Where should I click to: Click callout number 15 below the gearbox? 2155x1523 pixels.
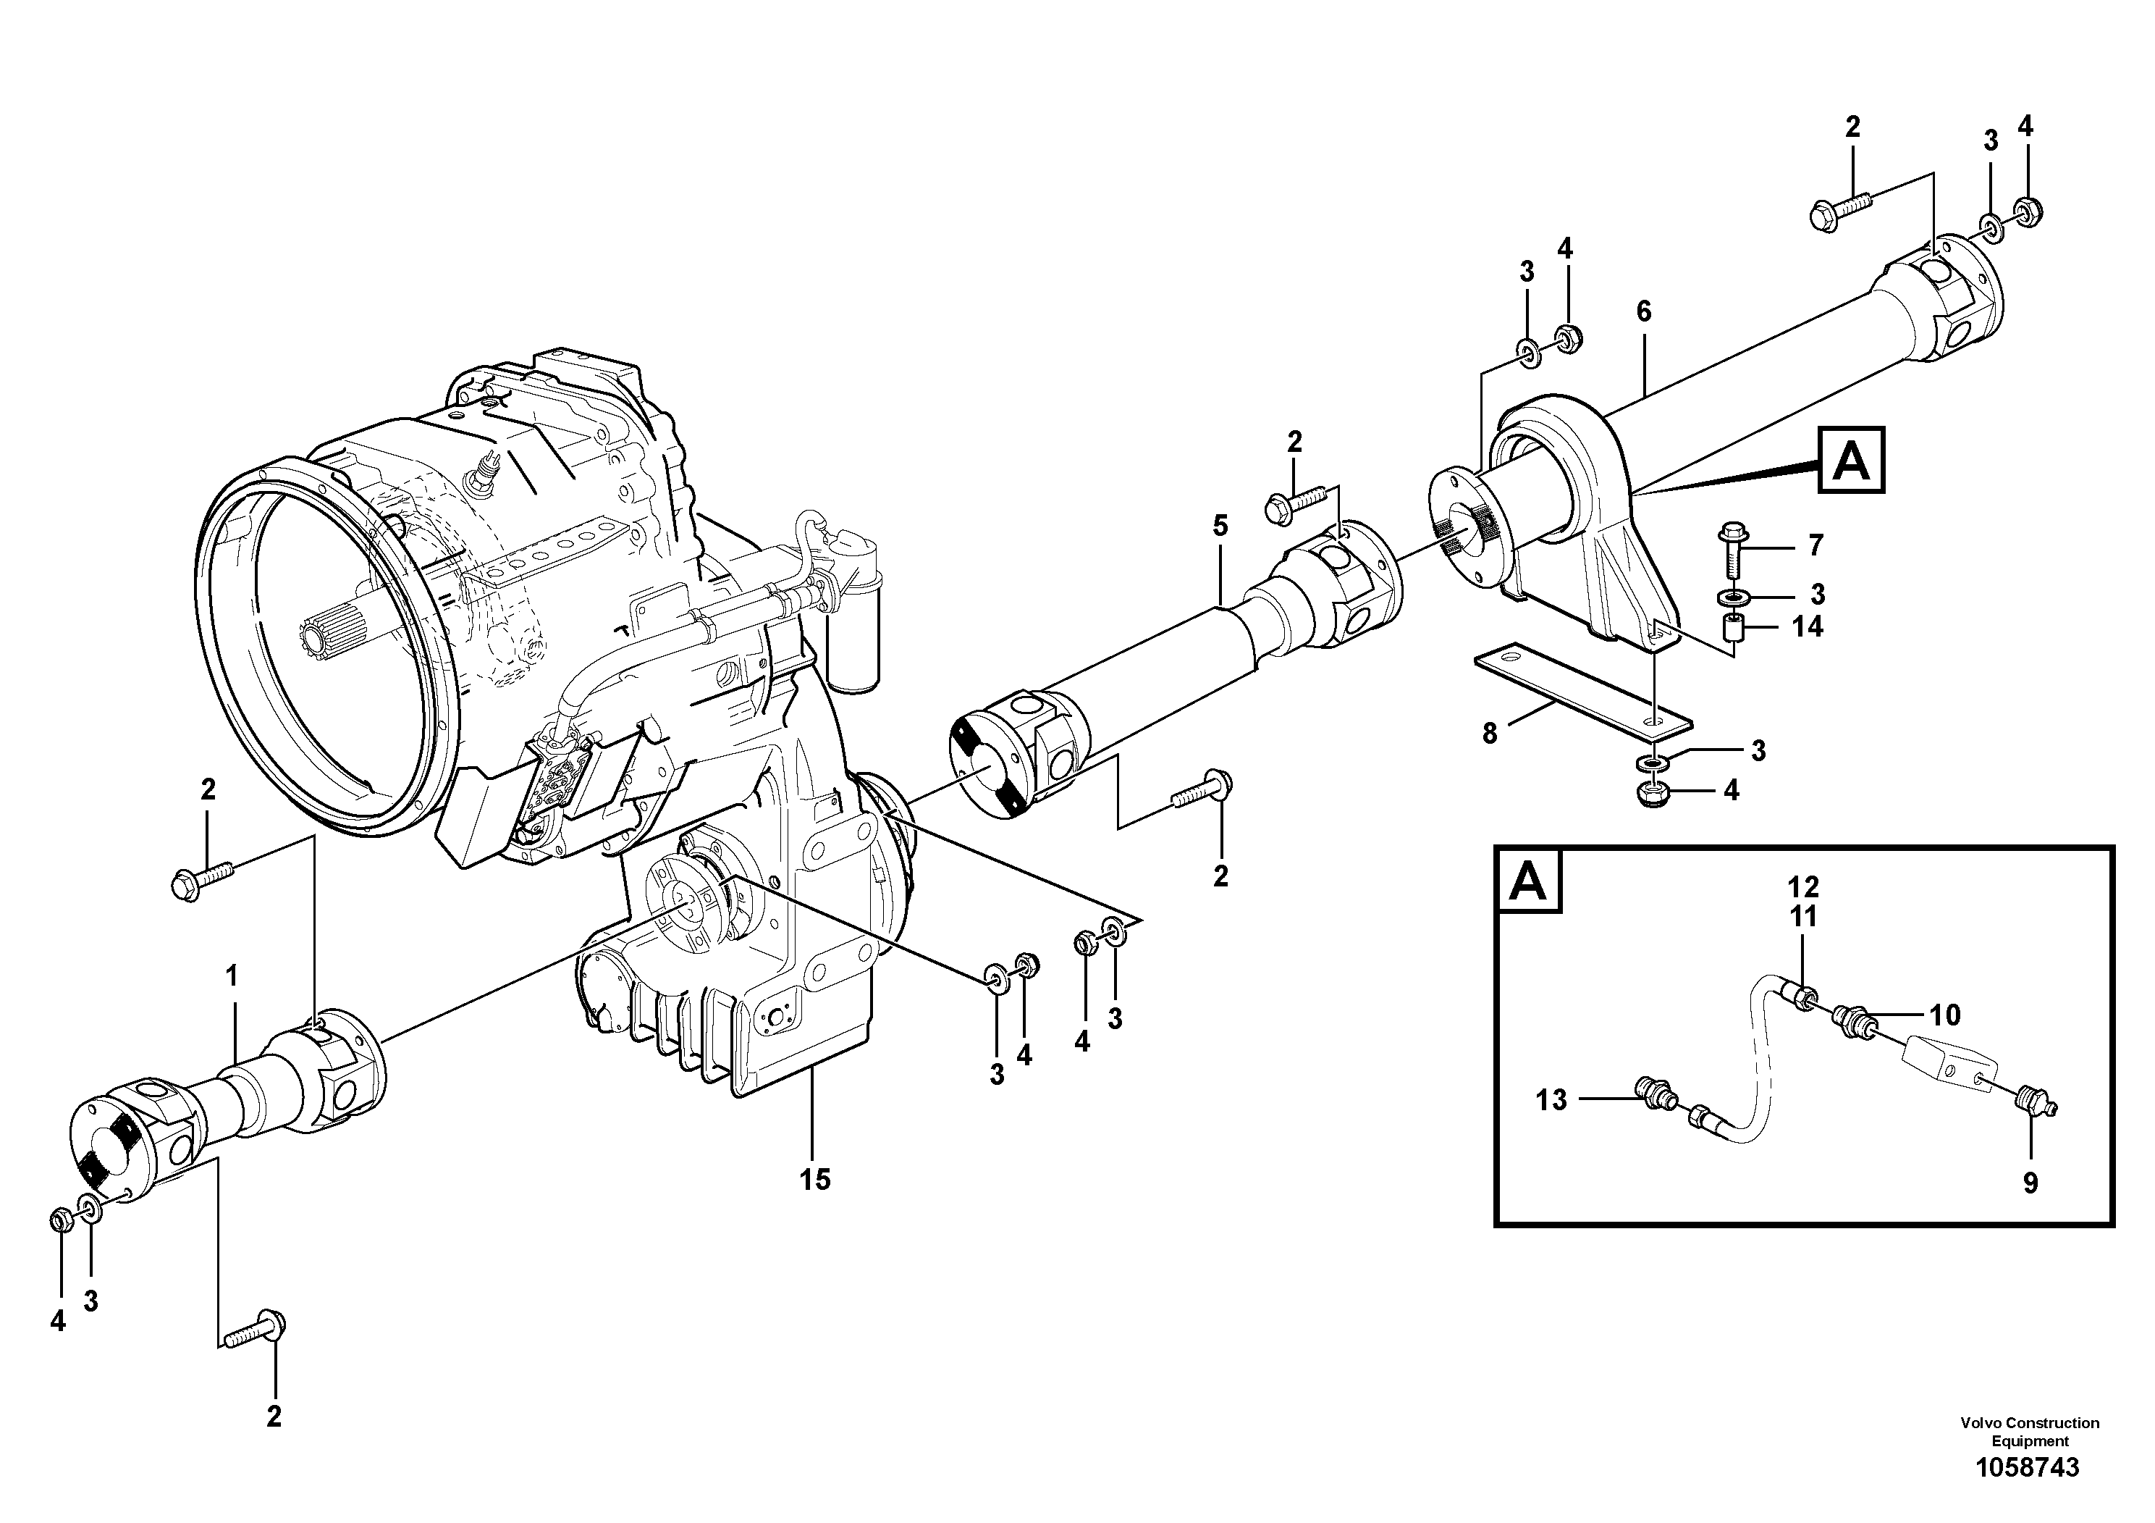pos(814,1179)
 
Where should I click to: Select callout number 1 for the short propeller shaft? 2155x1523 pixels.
pos(231,978)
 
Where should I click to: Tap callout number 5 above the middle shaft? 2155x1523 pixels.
pos(1219,526)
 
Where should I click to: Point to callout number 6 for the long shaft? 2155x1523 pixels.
pos(1642,311)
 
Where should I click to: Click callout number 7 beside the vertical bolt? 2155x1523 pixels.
pos(1815,545)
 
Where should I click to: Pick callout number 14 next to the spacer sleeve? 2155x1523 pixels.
pos(1807,626)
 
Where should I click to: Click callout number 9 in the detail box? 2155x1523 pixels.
pos(2030,1183)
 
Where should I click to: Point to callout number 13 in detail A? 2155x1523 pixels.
pos(1551,1099)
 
